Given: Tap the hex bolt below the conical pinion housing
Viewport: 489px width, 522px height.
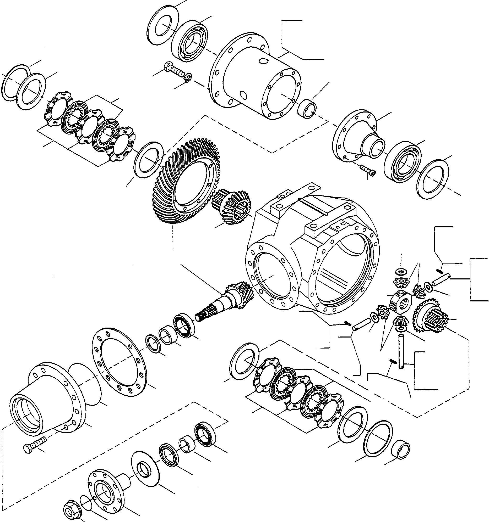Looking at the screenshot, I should [x=34, y=444].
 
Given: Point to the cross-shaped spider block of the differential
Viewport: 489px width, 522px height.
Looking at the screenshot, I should [x=400, y=302].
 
